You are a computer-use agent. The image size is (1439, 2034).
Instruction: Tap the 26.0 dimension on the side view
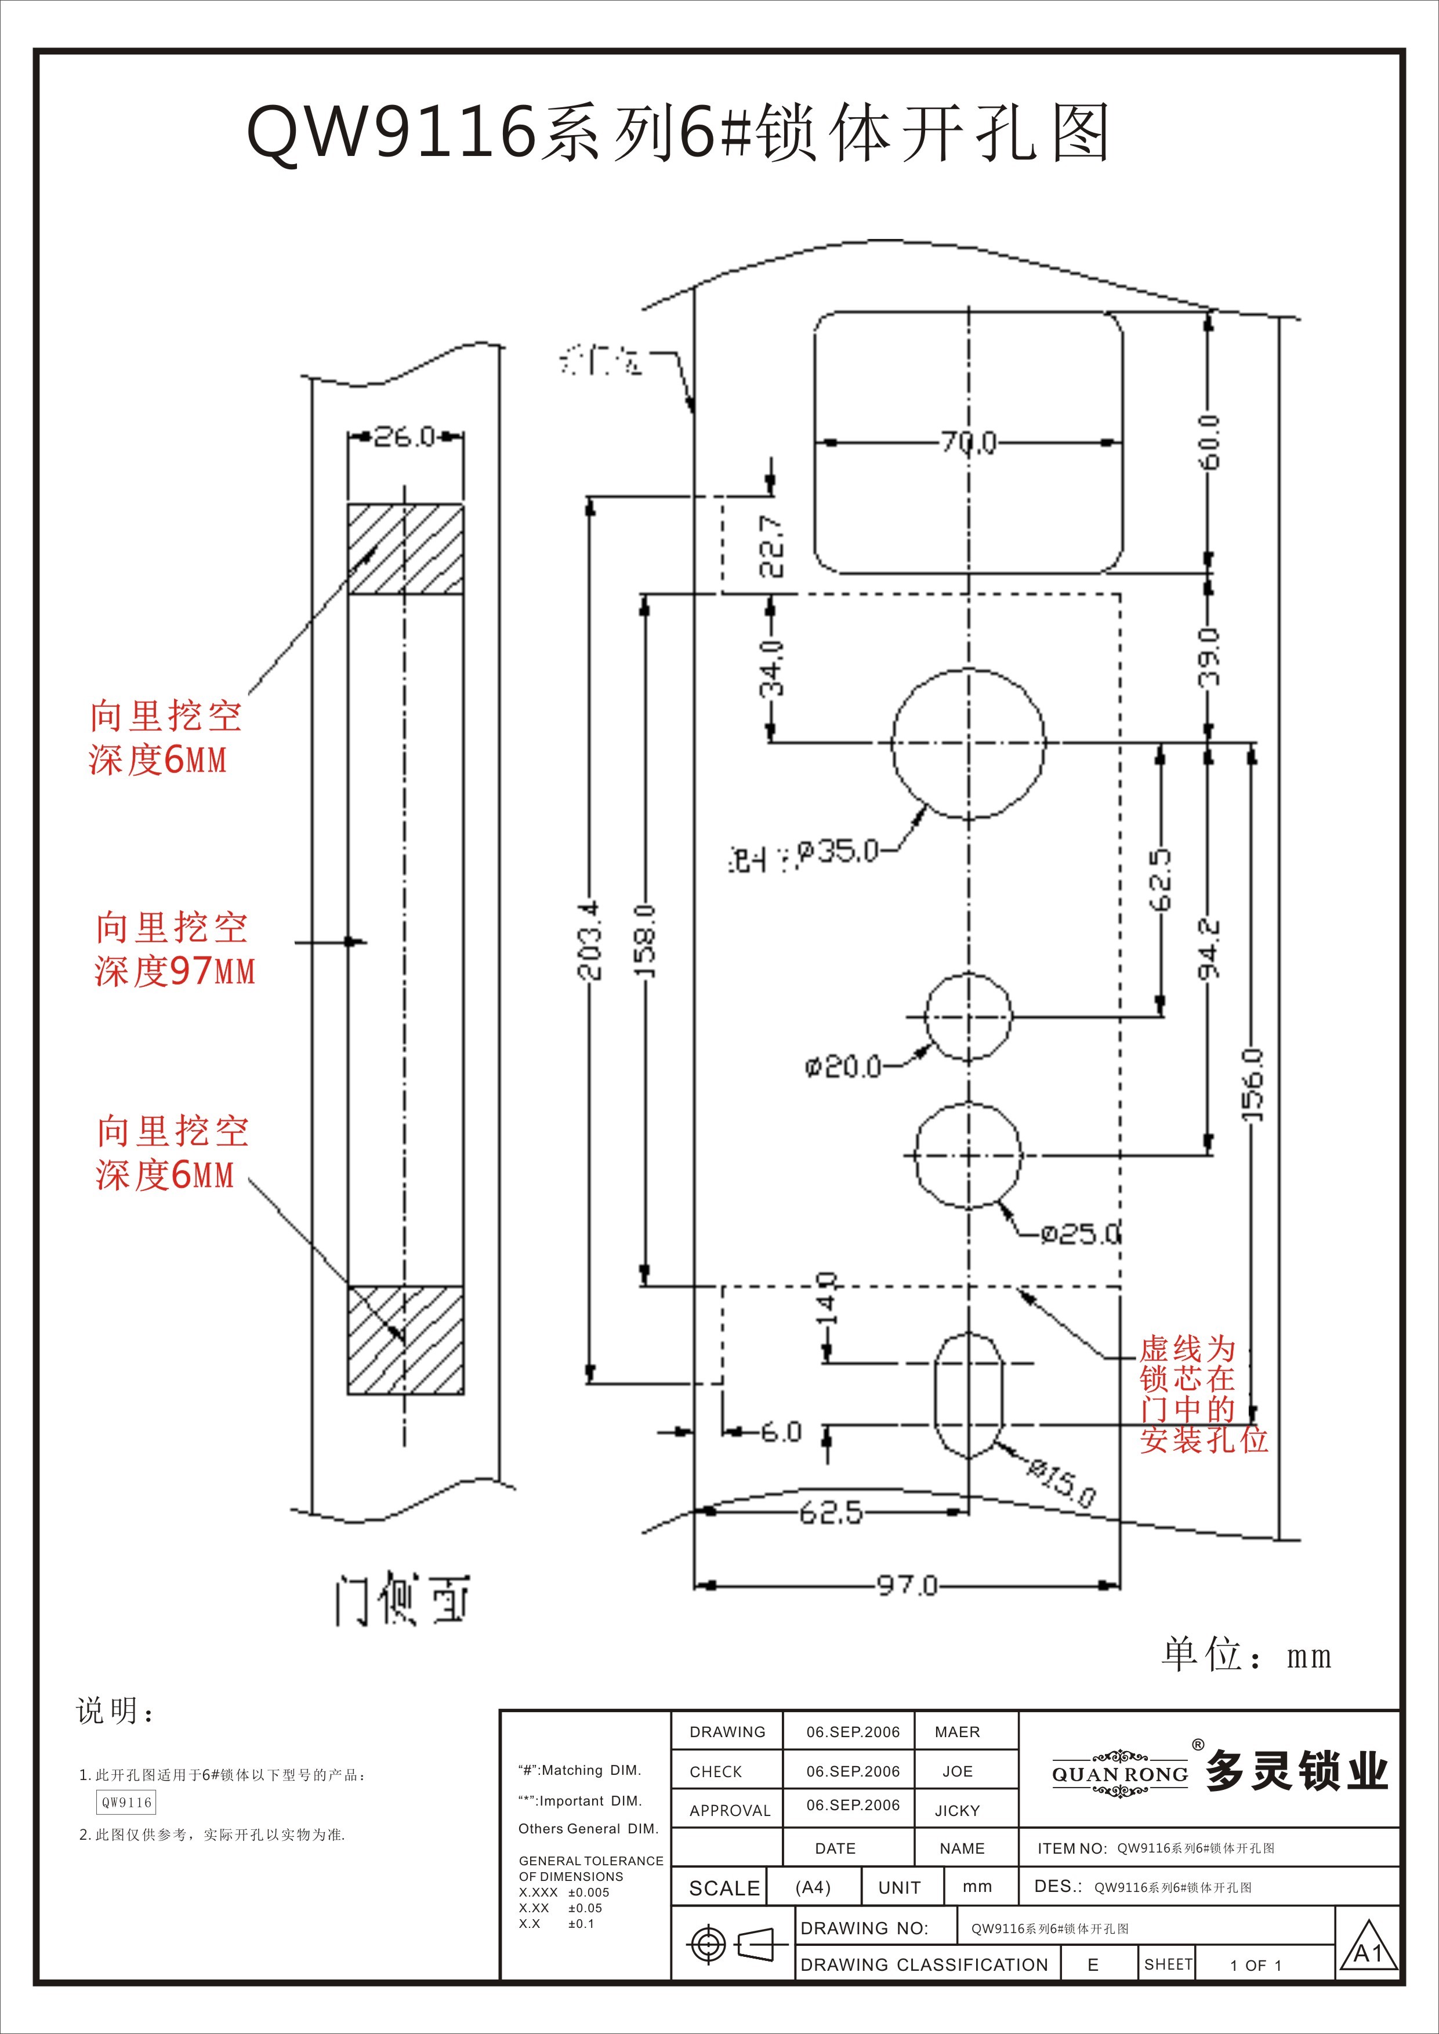(404, 436)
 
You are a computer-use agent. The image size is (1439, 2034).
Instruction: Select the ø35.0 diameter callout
(838, 851)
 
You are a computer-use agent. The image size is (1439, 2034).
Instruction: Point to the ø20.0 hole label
(843, 1066)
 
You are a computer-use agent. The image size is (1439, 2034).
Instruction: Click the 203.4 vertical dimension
(590, 940)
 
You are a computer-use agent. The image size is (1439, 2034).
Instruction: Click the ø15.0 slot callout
(1061, 1482)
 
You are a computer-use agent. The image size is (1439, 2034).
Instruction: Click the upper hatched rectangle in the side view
(405, 549)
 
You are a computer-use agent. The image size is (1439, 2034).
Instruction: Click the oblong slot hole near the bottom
(969, 1395)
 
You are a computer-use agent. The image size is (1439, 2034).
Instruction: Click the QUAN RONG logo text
(1120, 1774)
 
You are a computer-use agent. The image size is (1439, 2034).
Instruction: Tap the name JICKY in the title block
(957, 1811)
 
